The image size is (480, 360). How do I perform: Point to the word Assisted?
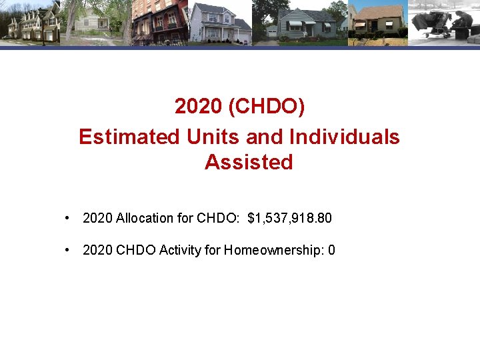(x=249, y=162)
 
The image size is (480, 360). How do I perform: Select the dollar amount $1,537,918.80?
(x=289, y=218)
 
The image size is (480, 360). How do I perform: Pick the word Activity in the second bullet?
(x=179, y=250)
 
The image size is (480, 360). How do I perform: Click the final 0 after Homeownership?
(x=332, y=250)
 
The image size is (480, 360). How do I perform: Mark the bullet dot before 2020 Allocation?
(x=68, y=218)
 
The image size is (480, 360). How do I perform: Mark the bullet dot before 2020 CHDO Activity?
(x=68, y=250)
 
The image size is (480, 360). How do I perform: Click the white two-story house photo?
(x=220, y=23)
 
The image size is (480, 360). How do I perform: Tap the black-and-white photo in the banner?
(x=443, y=23)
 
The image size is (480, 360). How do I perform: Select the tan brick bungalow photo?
(x=377, y=23)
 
